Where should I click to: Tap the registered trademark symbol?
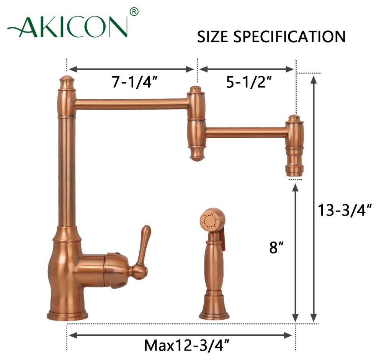pos(134,11)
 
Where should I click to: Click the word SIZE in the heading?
pos(212,37)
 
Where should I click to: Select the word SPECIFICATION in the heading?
pos(289,37)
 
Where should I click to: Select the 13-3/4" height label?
pos(345,210)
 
